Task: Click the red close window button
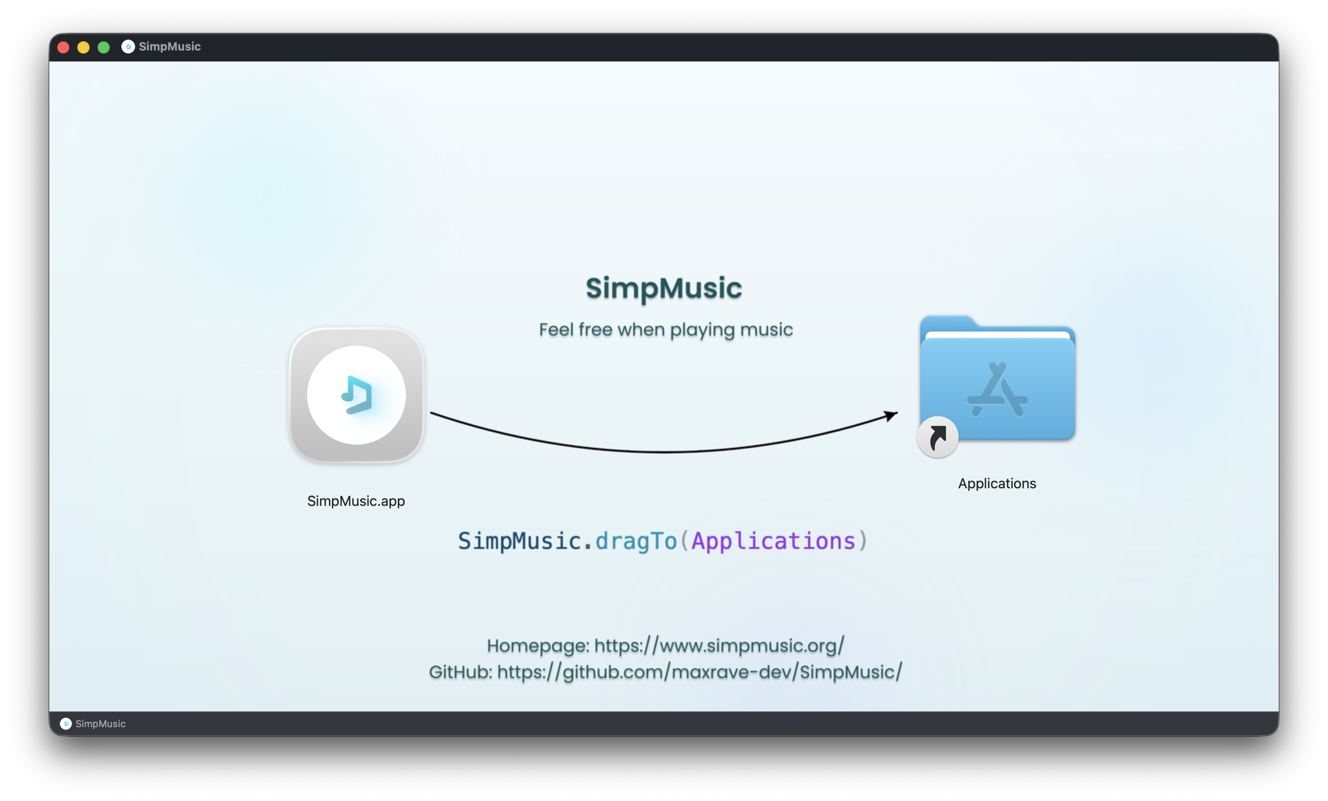pyautogui.click(x=63, y=47)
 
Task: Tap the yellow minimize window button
pyautogui.click(x=83, y=47)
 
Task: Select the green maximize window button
pyautogui.click(x=104, y=47)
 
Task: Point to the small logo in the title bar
pyautogui.click(x=128, y=47)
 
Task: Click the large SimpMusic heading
pyautogui.click(x=664, y=289)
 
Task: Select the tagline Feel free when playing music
pyautogui.click(x=666, y=329)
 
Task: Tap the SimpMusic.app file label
pyautogui.click(x=356, y=501)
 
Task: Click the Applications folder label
pyautogui.click(x=996, y=483)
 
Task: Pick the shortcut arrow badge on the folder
pyautogui.click(x=937, y=437)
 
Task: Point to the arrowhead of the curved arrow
pyautogui.click(x=891, y=415)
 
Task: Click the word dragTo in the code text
pyautogui.click(x=635, y=541)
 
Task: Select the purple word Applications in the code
pyautogui.click(x=773, y=541)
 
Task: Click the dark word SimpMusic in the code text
pyautogui.click(x=520, y=541)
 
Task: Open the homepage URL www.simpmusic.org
pyautogui.click(x=719, y=645)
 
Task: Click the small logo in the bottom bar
pyautogui.click(x=66, y=723)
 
